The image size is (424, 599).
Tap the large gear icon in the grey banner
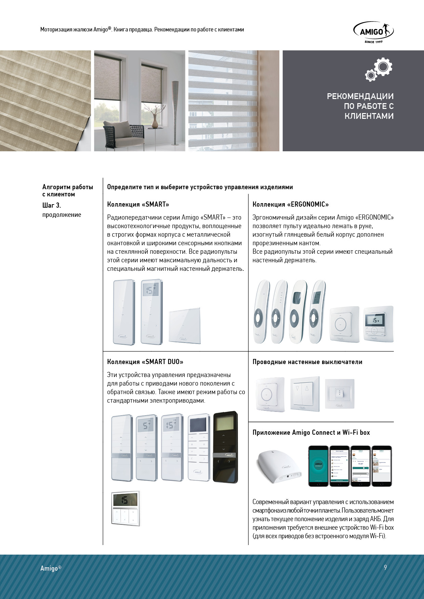pyautogui.click(x=382, y=67)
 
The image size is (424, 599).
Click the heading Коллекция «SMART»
pyautogui.click(x=138, y=205)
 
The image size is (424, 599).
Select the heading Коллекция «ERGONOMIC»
pyautogui.click(x=291, y=205)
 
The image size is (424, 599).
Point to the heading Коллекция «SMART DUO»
pyautogui.click(x=145, y=362)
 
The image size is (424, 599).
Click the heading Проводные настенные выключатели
pyautogui.click(x=307, y=362)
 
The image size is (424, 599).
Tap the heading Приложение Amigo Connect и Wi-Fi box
pyautogui.click(x=311, y=433)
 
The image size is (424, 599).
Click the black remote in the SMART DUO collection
pyautogui.click(x=225, y=447)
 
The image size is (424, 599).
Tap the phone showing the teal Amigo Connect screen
pyautogui.click(x=318, y=465)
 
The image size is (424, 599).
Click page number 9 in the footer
pyautogui.click(x=385, y=567)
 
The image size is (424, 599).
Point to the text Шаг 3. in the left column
pyautogui.click(x=52, y=205)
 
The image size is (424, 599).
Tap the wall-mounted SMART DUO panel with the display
pyautogui.click(x=125, y=508)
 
